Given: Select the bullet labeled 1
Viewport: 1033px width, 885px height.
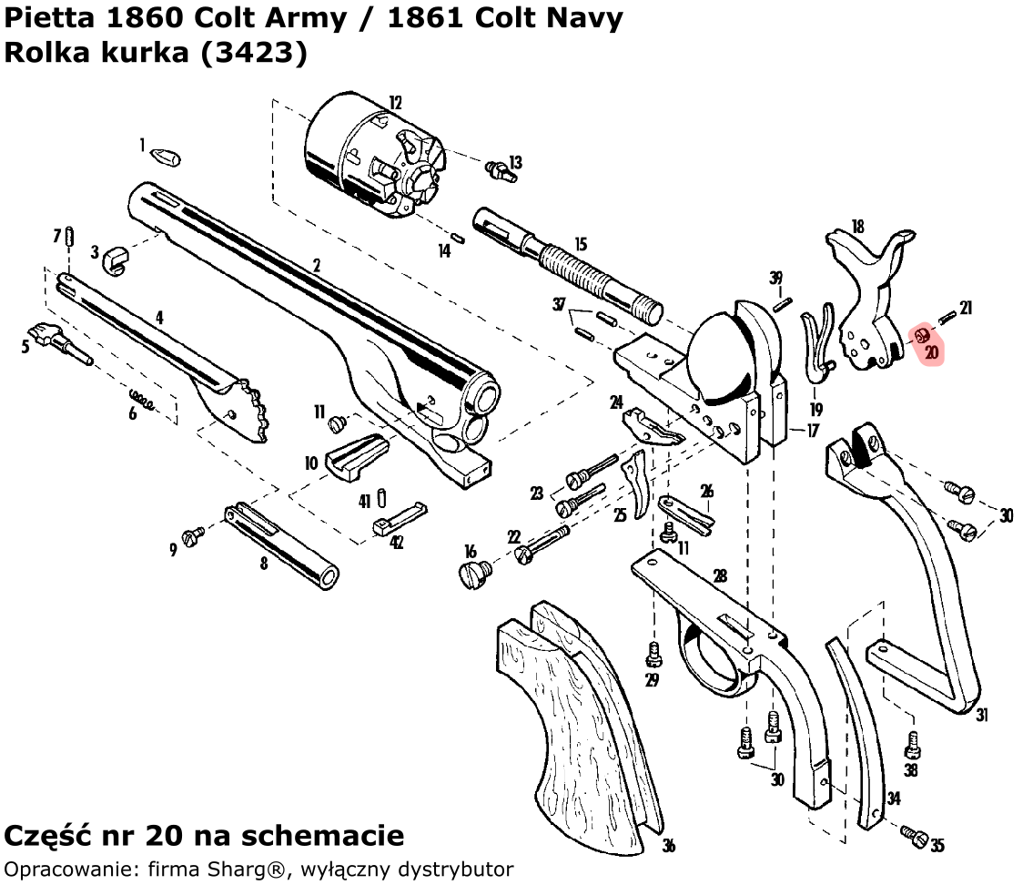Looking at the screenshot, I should pyautogui.click(x=165, y=157).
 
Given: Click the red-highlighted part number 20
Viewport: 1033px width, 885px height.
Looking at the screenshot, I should pyautogui.click(x=930, y=351).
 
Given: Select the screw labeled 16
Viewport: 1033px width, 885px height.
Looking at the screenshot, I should pyautogui.click(x=474, y=572).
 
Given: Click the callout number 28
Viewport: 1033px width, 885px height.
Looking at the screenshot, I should pyautogui.click(x=720, y=575).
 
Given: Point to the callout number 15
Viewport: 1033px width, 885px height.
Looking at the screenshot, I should pyautogui.click(x=580, y=245).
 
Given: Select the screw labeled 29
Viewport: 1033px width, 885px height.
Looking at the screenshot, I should pyautogui.click(x=653, y=653).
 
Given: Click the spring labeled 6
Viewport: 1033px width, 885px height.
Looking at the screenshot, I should pyautogui.click(x=141, y=398).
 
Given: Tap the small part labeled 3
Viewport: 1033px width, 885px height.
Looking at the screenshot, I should pyautogui.click(x=114, y=259).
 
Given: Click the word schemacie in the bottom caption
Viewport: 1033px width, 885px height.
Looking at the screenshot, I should pyautogui.click(x=331, y=835).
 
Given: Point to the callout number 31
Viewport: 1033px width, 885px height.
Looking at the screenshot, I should pyautogui.click(x=982, y=715).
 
